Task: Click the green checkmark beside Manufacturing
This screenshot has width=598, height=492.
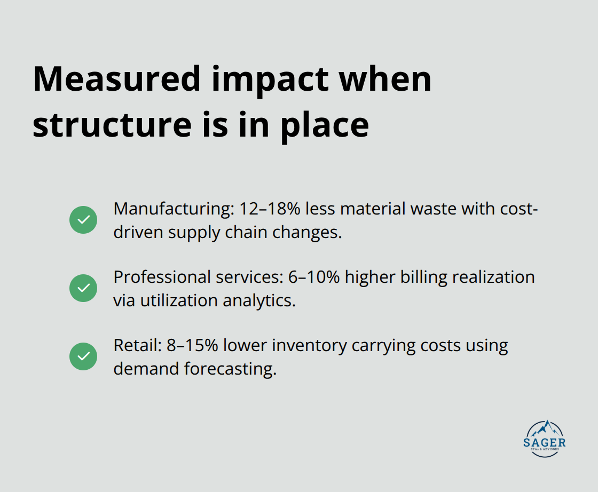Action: point(83,220)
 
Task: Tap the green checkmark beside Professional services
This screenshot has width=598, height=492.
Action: point(83,288)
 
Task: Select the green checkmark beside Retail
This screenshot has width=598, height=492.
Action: point(83,356)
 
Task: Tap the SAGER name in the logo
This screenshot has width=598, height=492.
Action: point(545,442)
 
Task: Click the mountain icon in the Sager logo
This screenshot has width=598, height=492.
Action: point(545,428)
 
